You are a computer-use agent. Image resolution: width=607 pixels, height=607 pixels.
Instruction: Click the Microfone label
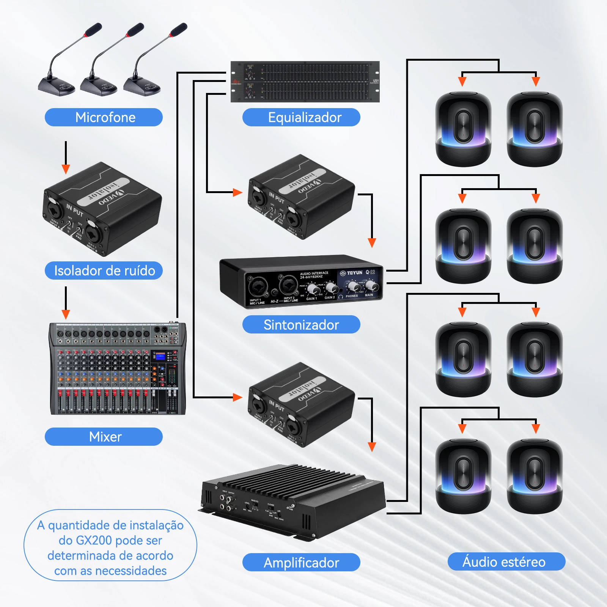[104, 117]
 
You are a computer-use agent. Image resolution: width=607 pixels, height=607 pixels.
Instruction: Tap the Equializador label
[301, 117]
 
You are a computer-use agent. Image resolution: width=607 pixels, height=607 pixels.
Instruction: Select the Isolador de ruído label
[104, 270]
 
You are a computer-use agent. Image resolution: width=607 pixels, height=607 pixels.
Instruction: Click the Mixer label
[104, 437]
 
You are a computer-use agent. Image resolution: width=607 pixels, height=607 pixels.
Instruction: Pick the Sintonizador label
[301, 325]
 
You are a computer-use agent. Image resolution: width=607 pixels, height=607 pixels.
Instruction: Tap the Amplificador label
[301, 563]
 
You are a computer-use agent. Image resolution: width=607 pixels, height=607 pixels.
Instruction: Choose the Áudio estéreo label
[506, 561]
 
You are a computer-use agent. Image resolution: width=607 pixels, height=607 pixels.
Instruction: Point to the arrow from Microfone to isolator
[66, 159]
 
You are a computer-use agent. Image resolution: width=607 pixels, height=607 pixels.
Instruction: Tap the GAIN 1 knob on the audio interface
[313, 289]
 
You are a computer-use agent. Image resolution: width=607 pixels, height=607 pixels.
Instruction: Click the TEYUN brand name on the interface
[354, 273]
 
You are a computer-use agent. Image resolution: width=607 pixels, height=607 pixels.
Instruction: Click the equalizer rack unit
[305, 81]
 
